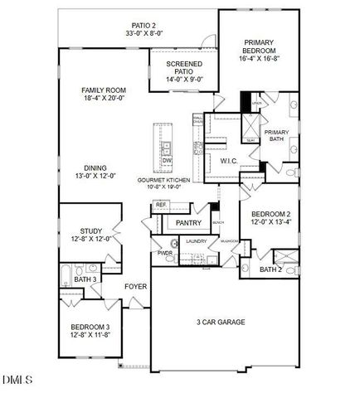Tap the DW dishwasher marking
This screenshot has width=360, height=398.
(x=167, y=159)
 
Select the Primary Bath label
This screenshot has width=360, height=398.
(x=275, y=136)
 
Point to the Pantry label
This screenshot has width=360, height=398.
(x=189, y=222)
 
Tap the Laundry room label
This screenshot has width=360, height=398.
(x=196, y=241)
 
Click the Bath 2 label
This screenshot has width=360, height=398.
(x=270, y=269)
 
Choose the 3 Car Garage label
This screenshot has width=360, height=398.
(x=220, y=322)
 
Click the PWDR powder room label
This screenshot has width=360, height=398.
(x=165, y=254)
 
